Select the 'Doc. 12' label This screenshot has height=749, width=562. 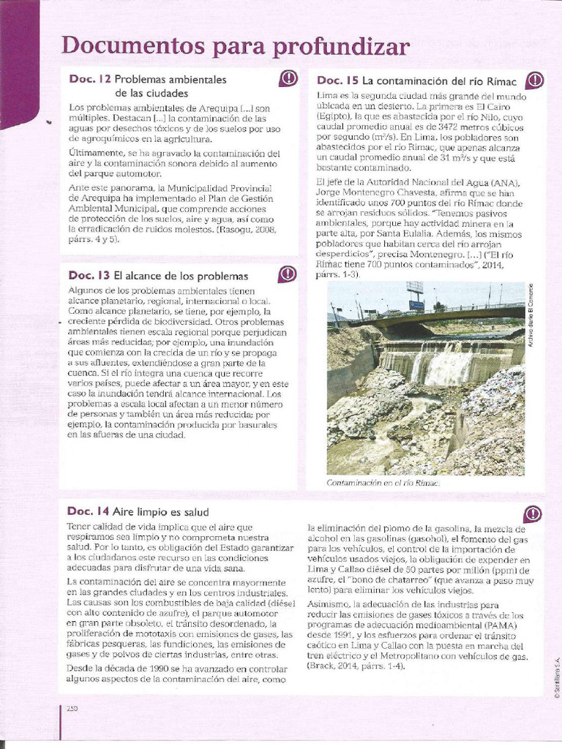point(89,79)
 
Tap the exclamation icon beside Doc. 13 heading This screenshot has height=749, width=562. point(288,274)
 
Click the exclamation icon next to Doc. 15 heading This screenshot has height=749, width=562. point(535,79)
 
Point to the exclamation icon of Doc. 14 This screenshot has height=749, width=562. point(534,512)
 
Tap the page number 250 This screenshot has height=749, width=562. point(72,707)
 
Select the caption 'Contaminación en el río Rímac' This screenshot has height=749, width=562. point(383,483)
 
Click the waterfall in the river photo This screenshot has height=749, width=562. point(439,364)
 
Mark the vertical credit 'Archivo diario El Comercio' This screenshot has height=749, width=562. point(530,314)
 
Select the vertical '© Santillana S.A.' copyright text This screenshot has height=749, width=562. point(556,676)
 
